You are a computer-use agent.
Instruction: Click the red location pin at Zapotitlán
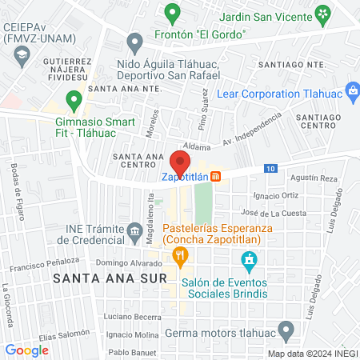pyautogui.click(x=180, y=163)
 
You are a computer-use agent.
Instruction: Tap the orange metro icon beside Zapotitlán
pyautogui.click(x=216, y=177)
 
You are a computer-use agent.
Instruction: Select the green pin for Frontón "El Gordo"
pyautogui.click(x=170, y=14)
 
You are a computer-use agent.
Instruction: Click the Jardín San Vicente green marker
pyautogui.click(x=323, y=14)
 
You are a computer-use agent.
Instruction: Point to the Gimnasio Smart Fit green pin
pyautogui.click(x=74, y=101)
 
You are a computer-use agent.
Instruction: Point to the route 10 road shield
pyautogui.click(x=272, y=168)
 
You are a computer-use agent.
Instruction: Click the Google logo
pyautogui.click(x=26, y=350)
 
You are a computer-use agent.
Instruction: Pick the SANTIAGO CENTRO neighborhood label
pyautogui.click(x=318, y=122)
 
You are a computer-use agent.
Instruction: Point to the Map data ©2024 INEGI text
pyautogui.click(x=312, y=354)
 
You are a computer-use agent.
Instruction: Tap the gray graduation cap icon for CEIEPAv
pyautogui.click(x=20, y=55)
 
